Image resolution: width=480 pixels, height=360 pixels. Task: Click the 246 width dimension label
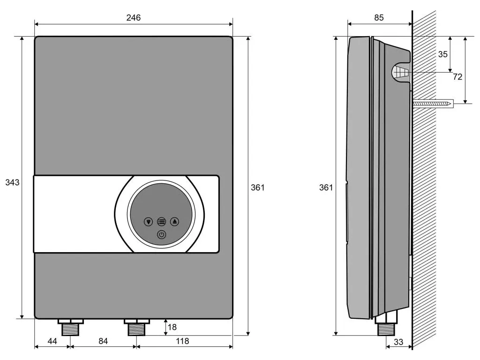pos(134,18)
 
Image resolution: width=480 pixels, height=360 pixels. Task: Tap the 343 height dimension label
pos(12,182)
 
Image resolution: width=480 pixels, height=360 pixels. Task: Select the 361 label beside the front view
pos(257,187)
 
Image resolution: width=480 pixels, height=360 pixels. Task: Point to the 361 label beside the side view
pos(326,187)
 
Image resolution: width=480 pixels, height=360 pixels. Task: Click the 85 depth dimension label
pos(379,18)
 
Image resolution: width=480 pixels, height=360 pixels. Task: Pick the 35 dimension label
pos(442,54)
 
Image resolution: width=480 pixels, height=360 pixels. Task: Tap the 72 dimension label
pos(457,77)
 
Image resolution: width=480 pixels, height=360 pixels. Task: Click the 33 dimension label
pos(398,342)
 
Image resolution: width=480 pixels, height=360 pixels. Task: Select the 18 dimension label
pos(172,327)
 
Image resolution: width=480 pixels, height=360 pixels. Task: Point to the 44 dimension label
pos(52,341)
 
